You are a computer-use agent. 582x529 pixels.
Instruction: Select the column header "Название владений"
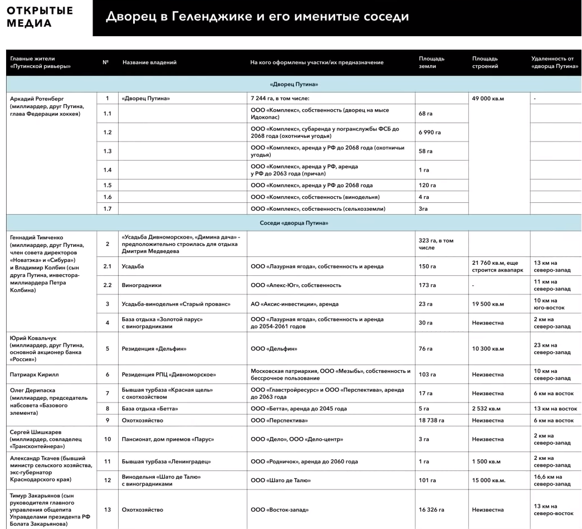149,62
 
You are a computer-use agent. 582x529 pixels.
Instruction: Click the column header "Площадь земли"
432,62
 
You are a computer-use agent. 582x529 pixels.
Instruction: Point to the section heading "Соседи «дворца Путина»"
293,223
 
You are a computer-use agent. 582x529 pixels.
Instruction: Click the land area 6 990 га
429,133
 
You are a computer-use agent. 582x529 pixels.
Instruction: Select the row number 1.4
107,170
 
